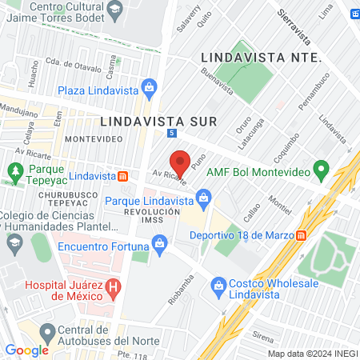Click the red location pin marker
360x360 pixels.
click(181, 162)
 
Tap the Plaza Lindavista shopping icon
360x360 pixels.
click(148, 86)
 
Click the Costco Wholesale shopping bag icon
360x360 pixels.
click(218, 286)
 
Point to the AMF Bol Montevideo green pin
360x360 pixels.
click(321, 170)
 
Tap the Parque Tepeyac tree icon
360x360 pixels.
click(14, 170)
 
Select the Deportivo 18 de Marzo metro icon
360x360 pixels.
click(302, 235)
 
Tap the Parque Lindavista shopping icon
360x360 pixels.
click(204, 196)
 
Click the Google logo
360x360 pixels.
click(26, 350)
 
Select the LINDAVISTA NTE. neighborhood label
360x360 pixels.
click(261, 58)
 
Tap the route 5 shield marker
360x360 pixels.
click(172, 134)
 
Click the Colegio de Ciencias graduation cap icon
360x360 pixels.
click(14, 241)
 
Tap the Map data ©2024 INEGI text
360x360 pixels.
click(311, 353)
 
